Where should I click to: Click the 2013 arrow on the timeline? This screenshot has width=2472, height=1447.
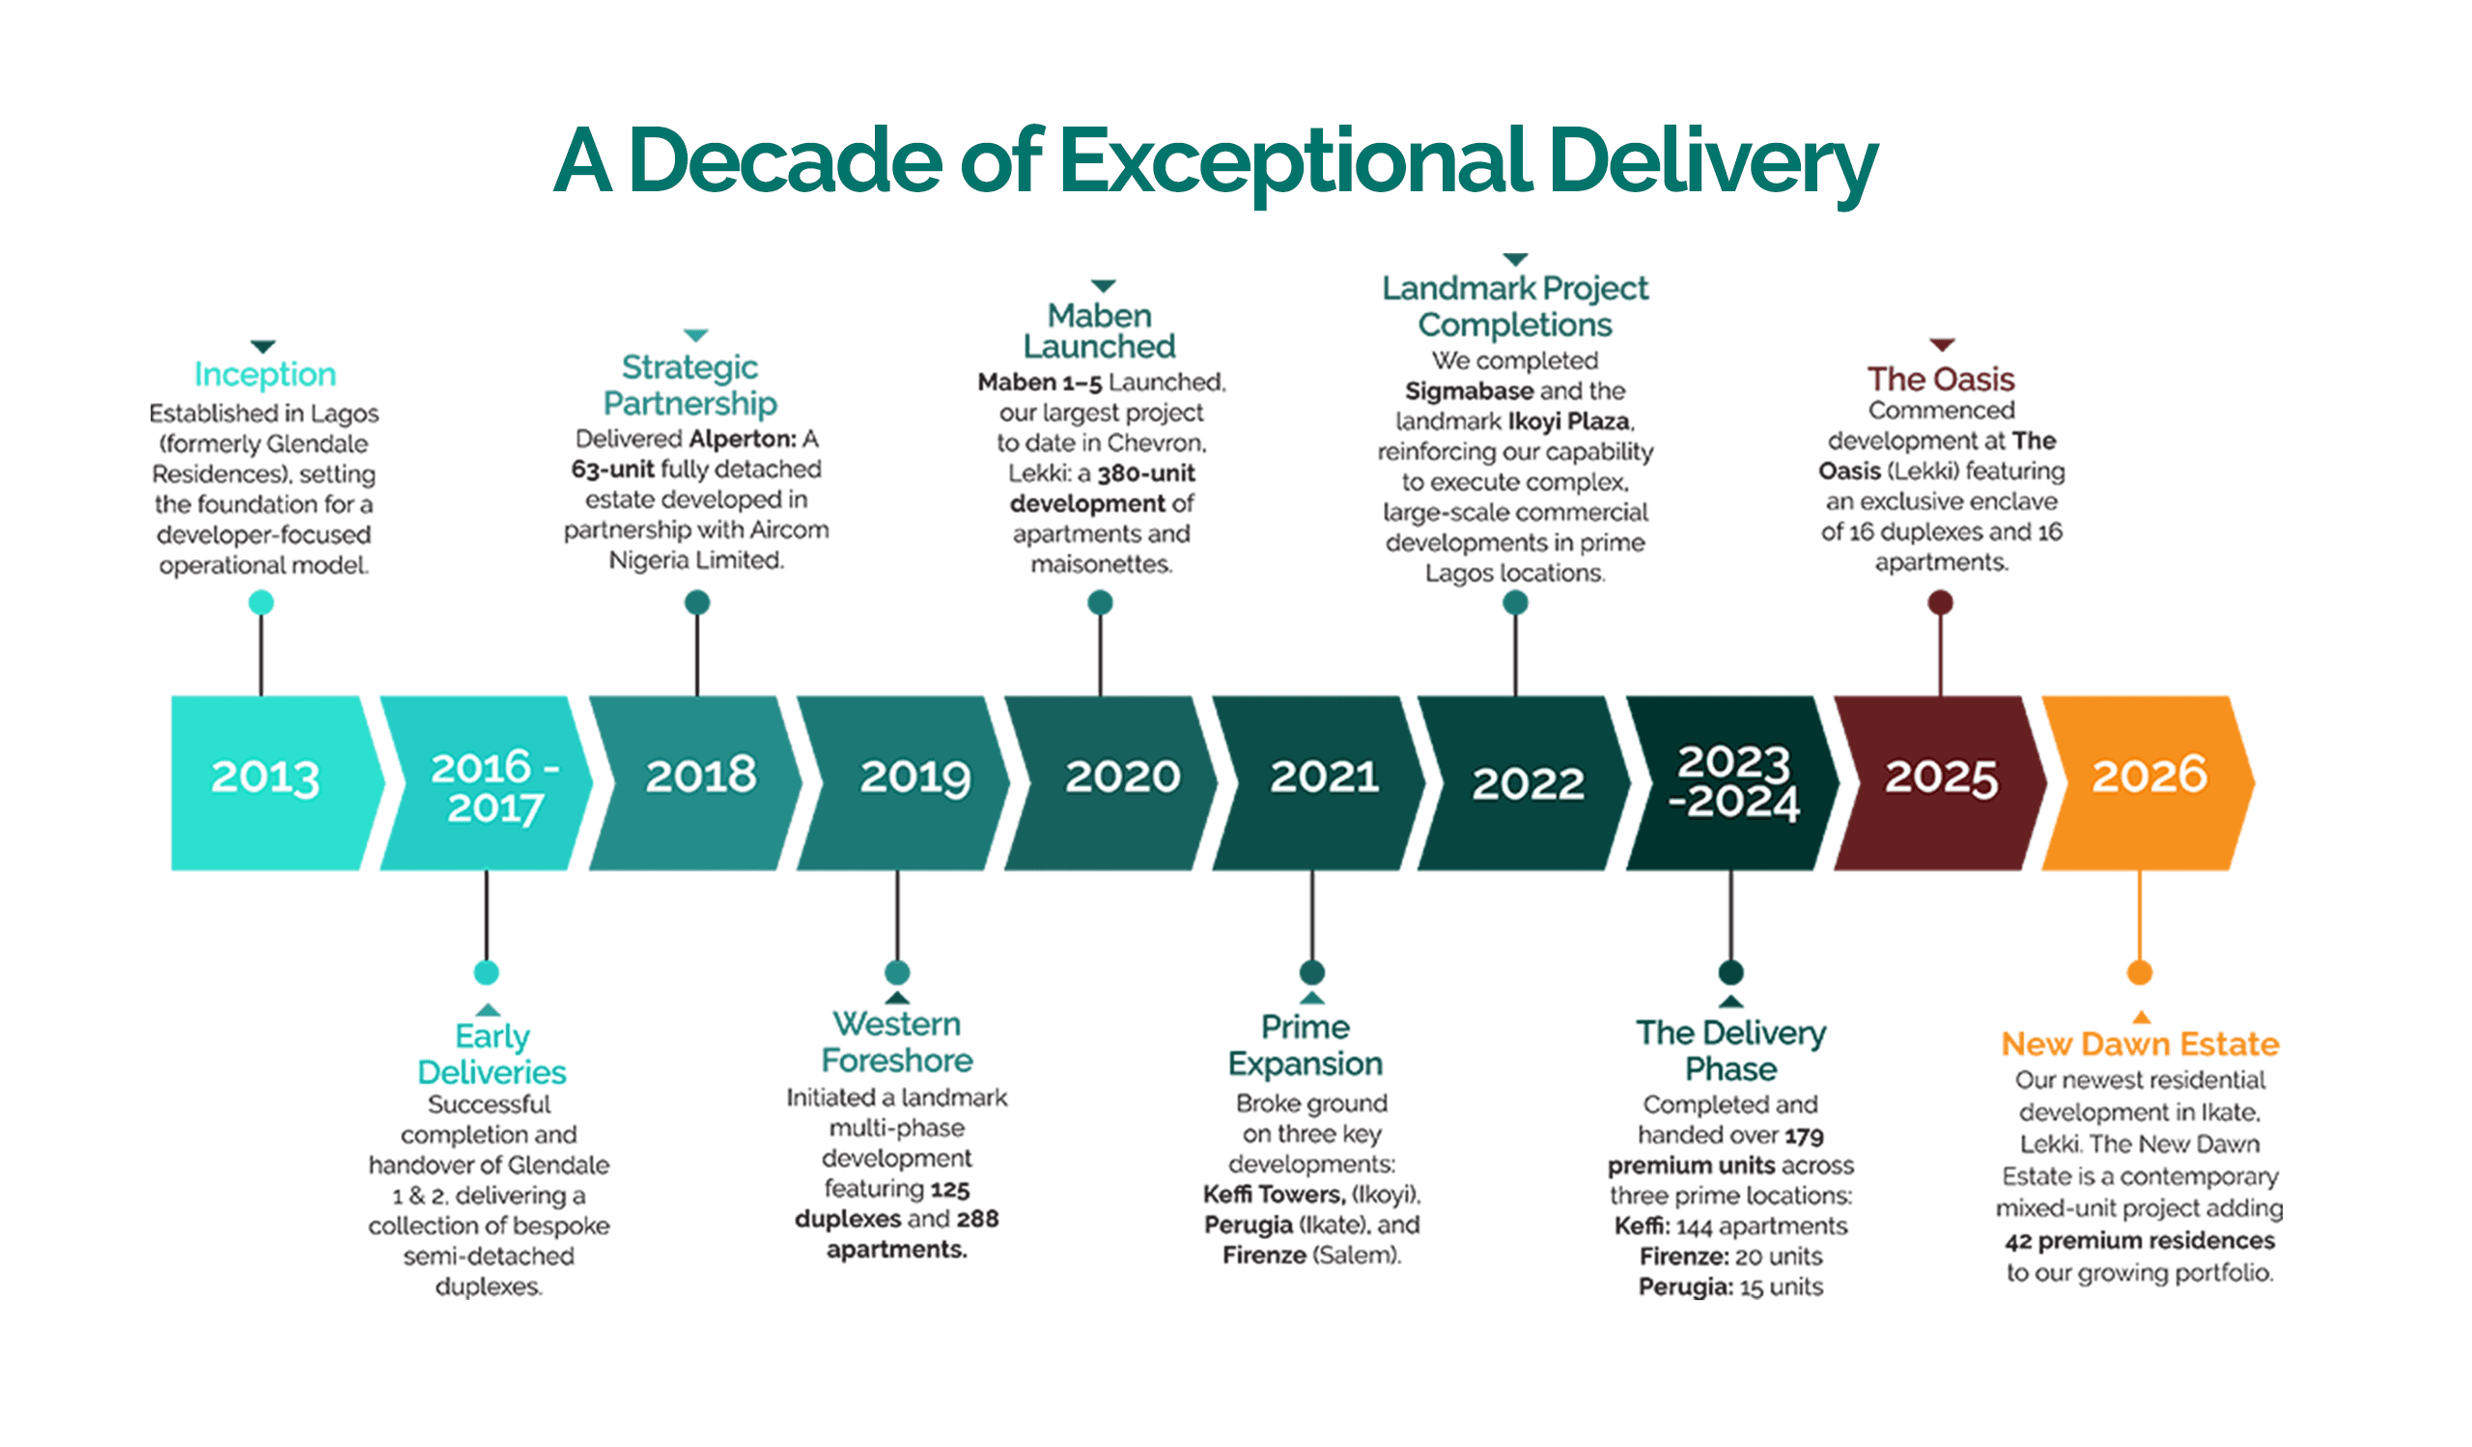pyautogui.click(x=274, y=782)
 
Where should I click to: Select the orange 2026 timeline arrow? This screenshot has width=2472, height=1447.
pyautogui.click(x=2149, y=782)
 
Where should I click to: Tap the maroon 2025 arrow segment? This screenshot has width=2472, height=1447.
pyautogui.click(x=1940, y=782)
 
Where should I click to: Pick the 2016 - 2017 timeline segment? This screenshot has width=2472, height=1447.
pyautogui.click(x=487, y=782)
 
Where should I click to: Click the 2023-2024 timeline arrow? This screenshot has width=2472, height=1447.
pyautogui.click(x=1732, y=782)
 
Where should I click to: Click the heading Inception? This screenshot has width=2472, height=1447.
pyautogui.click(x=265, y=374)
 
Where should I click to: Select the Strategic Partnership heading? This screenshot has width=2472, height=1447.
pyautogui.click(x=690, y=384)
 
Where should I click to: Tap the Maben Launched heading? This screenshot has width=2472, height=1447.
pyautogui.click(x=1100, y=330)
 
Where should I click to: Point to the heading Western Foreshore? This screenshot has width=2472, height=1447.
pyautogui.click(x=897, y=1042)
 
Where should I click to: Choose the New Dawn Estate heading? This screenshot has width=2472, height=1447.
pyautogui.click(x=2140, y=1043)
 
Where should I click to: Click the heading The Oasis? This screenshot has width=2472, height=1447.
pyautogui.click(x=1940, y=379)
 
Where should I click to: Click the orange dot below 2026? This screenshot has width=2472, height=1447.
pyautogui.click(x=2140, y=973)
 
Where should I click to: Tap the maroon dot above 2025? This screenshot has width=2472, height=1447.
pyautogui.click(x=1940, y=603)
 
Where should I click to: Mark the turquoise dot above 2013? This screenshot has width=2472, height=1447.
pyautogui.click(x=261, y=603)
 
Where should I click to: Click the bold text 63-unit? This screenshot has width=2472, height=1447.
pyautogui.click(x=613, y=468)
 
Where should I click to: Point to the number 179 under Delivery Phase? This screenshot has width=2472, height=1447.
pyautogui.click(x=1804, y=1136)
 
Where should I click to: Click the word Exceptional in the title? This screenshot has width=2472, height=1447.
pyautogui.click(x=1295, y=160)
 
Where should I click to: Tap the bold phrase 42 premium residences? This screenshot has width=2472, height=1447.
pyautogui.click(x=2140, y=1241)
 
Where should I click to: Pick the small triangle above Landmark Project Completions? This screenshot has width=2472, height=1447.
pyautogui.click(x=1516, y=259)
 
